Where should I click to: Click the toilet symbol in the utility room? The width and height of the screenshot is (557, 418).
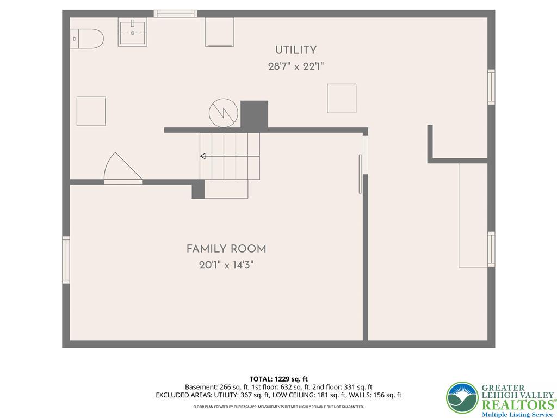point(86,39)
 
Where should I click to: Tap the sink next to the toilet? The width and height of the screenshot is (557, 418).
point(133,32)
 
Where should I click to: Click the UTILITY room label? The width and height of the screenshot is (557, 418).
point(296,50)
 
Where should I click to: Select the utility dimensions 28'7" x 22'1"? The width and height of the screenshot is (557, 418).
point(296,66)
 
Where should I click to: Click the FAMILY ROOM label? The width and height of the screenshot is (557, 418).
point(226,249)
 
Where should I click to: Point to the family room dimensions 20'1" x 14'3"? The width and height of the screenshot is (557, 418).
point(226,265)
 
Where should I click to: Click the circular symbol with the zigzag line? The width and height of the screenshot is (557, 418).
point(224,113)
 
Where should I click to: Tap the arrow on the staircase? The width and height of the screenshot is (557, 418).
point(230,156)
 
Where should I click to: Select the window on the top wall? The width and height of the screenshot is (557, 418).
point(176,14)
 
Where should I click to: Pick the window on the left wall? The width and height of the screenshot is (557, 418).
point(66,260)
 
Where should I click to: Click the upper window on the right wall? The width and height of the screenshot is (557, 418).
point(491,87)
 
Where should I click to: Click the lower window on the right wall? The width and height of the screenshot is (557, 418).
point(491,249)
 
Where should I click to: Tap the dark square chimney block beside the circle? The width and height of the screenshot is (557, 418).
point(255,114)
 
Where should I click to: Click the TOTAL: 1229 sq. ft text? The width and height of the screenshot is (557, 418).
point(278,379)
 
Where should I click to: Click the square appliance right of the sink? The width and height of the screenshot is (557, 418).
point(220,32)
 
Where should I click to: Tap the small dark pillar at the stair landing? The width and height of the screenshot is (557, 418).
point(198,189)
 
